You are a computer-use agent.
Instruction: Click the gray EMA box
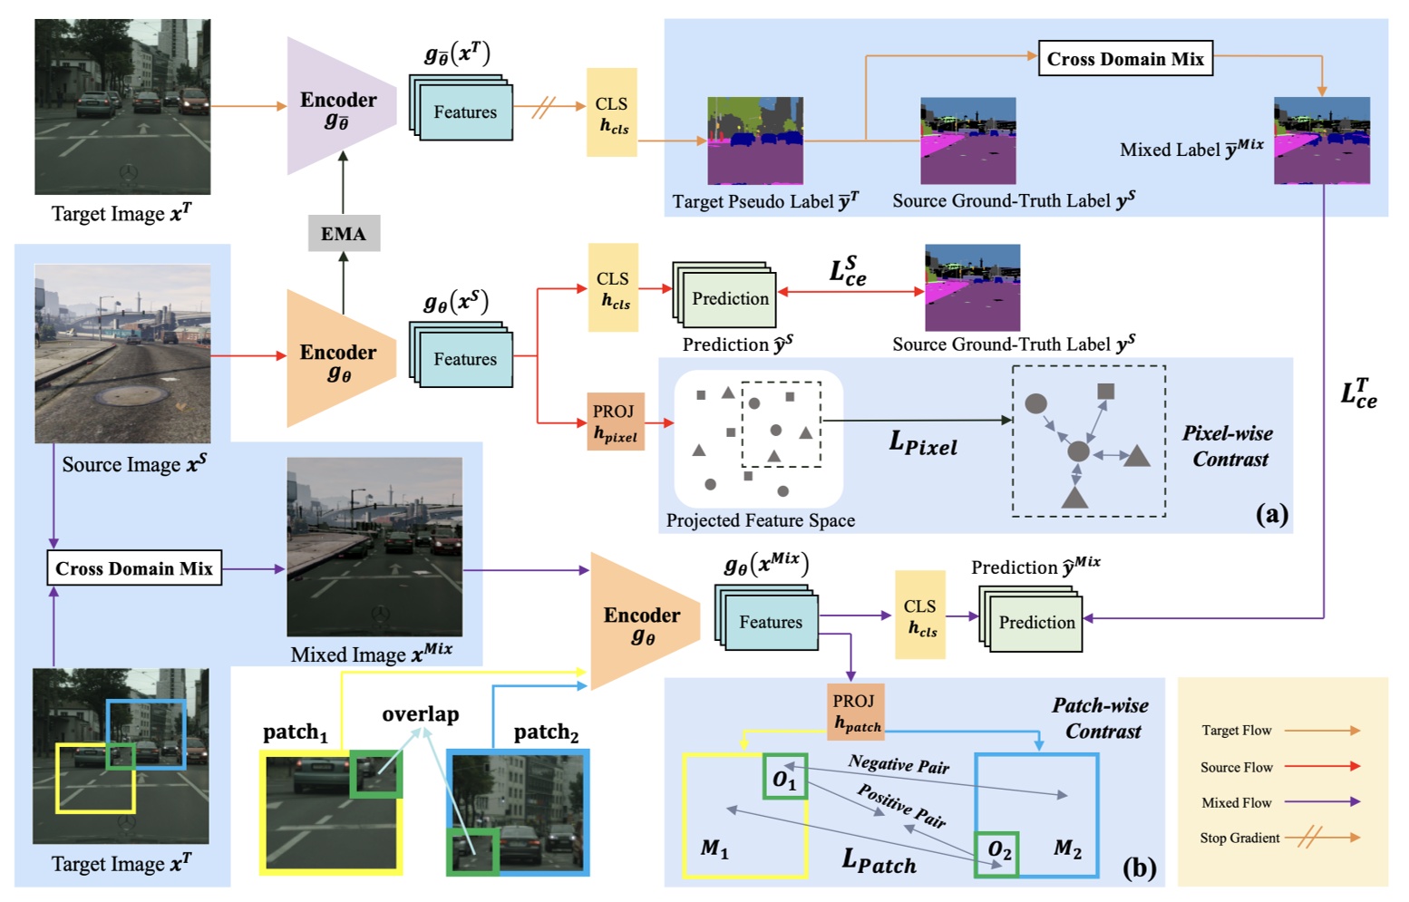click(x=344, y=234)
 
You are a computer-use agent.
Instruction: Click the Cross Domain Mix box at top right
click(x=1125, y=59)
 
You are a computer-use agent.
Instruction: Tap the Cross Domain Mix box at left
click(x=134, y=568)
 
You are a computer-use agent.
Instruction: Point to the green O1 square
click(x=784, y=778)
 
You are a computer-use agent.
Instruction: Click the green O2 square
click(x=996, y=853)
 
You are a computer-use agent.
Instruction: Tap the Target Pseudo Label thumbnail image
click(x=754, y=141)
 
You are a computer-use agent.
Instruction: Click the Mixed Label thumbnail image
click(x=1321, y=141)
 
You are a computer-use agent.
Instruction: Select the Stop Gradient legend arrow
click(x=1322, y=838)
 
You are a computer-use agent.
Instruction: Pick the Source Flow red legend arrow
click(x=1322, y=766)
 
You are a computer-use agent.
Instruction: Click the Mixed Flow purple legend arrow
click(x=1322, y=802)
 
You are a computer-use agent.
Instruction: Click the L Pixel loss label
click(x=923, y=443)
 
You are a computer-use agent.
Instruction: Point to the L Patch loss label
click(x=879, y=860)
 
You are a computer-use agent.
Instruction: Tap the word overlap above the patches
click(x=420, y=714)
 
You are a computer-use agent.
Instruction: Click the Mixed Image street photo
click(x=374, y=547)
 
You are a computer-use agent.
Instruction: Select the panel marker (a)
click(x=1271, y=514)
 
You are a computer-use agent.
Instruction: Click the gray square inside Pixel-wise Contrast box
click(x=1105, y=392)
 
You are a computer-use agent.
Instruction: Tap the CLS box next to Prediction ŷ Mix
click(x=919, y=615)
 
